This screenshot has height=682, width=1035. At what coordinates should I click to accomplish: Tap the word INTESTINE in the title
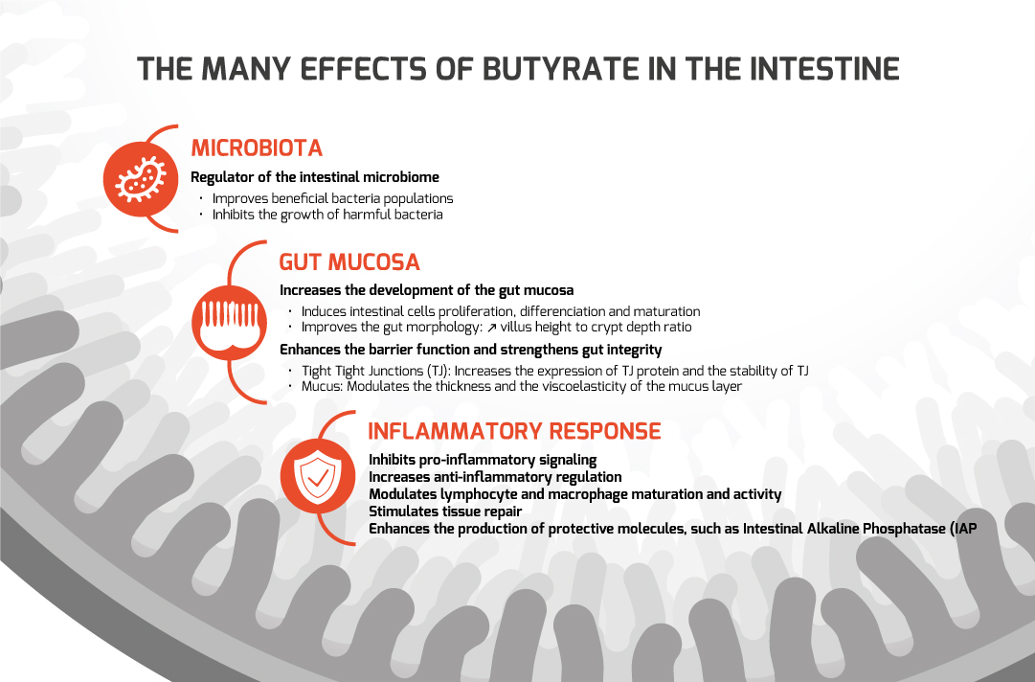point(824,69)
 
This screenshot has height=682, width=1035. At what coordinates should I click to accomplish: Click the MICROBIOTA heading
point(257,148)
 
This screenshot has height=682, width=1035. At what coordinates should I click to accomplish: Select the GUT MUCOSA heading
point(349,262)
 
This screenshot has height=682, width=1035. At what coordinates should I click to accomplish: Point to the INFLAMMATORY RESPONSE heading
point(514,431)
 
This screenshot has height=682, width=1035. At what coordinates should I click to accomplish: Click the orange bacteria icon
point(141,179)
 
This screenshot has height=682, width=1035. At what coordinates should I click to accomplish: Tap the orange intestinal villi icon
point(229,323)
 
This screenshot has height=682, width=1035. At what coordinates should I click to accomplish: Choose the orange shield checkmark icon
point(318,476)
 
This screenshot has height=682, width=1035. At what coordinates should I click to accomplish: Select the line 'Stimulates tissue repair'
point(445,511)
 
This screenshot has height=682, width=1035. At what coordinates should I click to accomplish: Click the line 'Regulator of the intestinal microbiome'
point(315,177)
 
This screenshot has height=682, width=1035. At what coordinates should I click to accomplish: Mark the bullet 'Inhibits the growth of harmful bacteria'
point(327,216)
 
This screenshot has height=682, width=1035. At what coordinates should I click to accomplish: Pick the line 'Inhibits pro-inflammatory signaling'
point(483,460)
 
